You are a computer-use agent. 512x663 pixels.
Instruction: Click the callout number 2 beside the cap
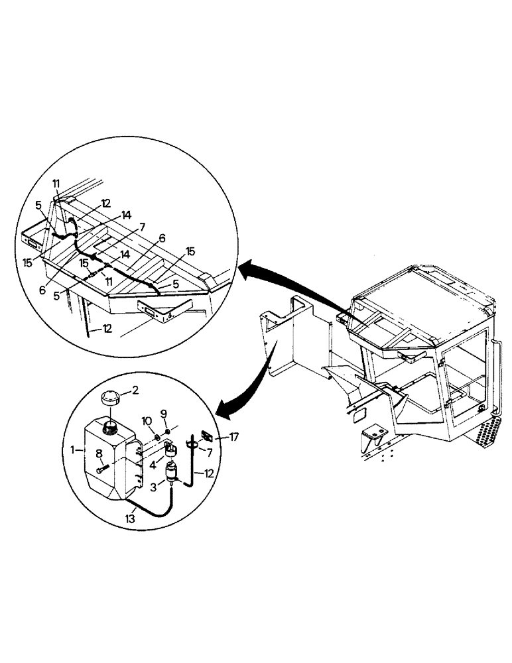coord(135,391)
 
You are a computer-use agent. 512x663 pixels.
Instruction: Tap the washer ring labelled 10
coord(155,438)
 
